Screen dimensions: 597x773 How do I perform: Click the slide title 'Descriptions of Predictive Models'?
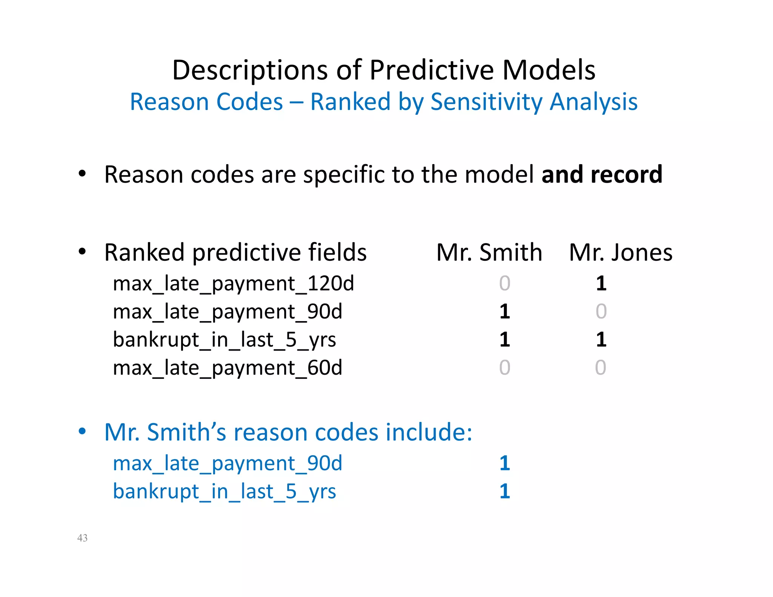pyautogui.click(x=383, y=70)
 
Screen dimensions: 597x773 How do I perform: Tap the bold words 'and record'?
pyautogui.click(x=602, y=174)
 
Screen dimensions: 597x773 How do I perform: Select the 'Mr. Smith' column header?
pyautogui.click(x=489, y=252)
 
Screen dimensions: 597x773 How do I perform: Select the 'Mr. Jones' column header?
pyautogui.click(x=621, y=252)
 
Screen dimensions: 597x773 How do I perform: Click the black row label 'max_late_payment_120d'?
pyautogui.click(x=233, y=283)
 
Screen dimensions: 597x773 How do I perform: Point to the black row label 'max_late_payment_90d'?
pyautogui.click(x=227, y=312)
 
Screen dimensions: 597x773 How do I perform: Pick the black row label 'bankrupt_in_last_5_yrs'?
pyautogui.click(x=224, y=340)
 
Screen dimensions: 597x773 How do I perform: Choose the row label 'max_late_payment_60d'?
pyautogui.click(x=227, y=368)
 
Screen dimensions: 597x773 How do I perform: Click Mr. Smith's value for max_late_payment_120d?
pyautogui.click(x=505, y=283)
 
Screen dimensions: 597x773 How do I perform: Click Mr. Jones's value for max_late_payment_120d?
pyautogui.click(x=601, y=283)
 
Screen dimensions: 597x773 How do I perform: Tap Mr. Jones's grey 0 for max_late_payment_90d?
pyautogui.click(x=601, y=312)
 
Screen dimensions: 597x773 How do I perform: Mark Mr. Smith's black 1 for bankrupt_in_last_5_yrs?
pyautogui.click(x=505, y=340)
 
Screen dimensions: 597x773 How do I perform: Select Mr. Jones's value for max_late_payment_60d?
pyautogui.click(x=601, y=368)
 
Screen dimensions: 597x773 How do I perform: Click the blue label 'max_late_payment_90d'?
pyautogui.click(x=227, y=463)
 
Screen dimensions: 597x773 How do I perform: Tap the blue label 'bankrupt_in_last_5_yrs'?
pyautogui.click(x=224, y=491)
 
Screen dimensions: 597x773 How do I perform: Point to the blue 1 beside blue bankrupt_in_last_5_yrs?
pyautogui.click(x=505, y=491)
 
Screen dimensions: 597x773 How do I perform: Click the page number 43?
pyautogui.click(x=82, y=538)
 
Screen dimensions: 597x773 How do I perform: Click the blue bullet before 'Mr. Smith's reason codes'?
pyautogui.click(x=82, y=431)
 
